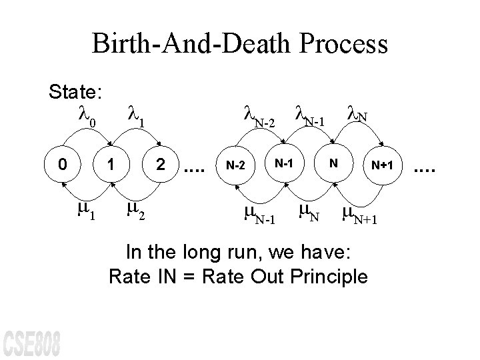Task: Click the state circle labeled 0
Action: click(x=61, y=163)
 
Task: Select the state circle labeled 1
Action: click(x=113, y=163)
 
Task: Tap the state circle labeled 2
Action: click(x=160, y=163)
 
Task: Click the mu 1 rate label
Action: click(x=86, y=211)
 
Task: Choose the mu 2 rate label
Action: click(x=137, y=211)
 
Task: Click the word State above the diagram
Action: click(x=74, y=91)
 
